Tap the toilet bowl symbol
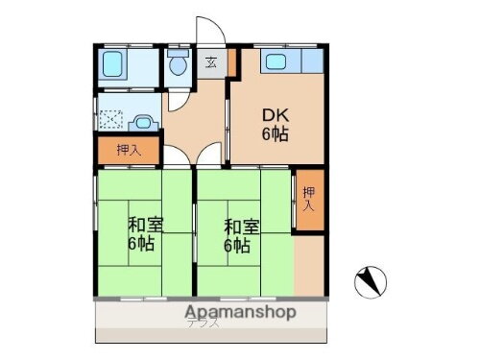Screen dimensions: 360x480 click(x=176, y=64)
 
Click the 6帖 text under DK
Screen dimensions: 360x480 click(x=276, y=134)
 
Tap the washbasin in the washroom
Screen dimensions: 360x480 click(x=143, y=122)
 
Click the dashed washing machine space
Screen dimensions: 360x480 click(x=111, y=121)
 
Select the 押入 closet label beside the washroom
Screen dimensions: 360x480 click(x=128, y=151)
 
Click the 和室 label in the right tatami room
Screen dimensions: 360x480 click(x=240, y=226)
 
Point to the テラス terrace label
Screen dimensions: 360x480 click(x=204, y=324)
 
